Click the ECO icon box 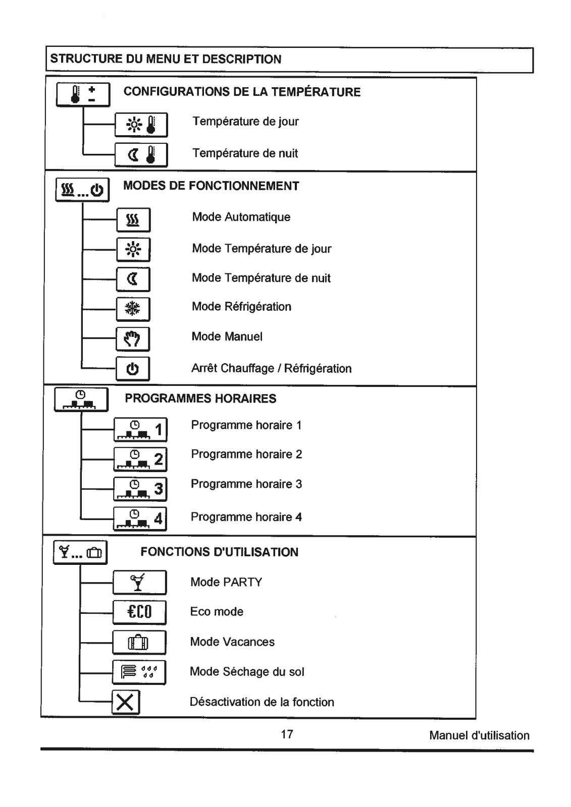tap(139, 612)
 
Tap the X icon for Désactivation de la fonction tap(126, 702)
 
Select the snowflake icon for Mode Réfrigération tap(133, 309)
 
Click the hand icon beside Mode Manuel tap(133, 339)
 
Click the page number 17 tap(287, 734)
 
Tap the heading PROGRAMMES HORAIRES tap(200, 398)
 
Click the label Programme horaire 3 tap(246, 484)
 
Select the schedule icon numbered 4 tap(140, 519)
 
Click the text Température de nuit tap(245, 153)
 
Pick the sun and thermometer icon tap(141, 125)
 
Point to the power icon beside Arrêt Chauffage tap(133, 369)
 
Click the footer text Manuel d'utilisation tap(480, 735)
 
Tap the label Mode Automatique tap(241, 217)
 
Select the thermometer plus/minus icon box tap(83, 95)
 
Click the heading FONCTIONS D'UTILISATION tap(219, 552)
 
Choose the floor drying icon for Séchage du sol tap(139, 672)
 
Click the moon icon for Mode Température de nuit tap(133, 279)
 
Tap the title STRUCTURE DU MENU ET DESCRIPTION tap(166, 59)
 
